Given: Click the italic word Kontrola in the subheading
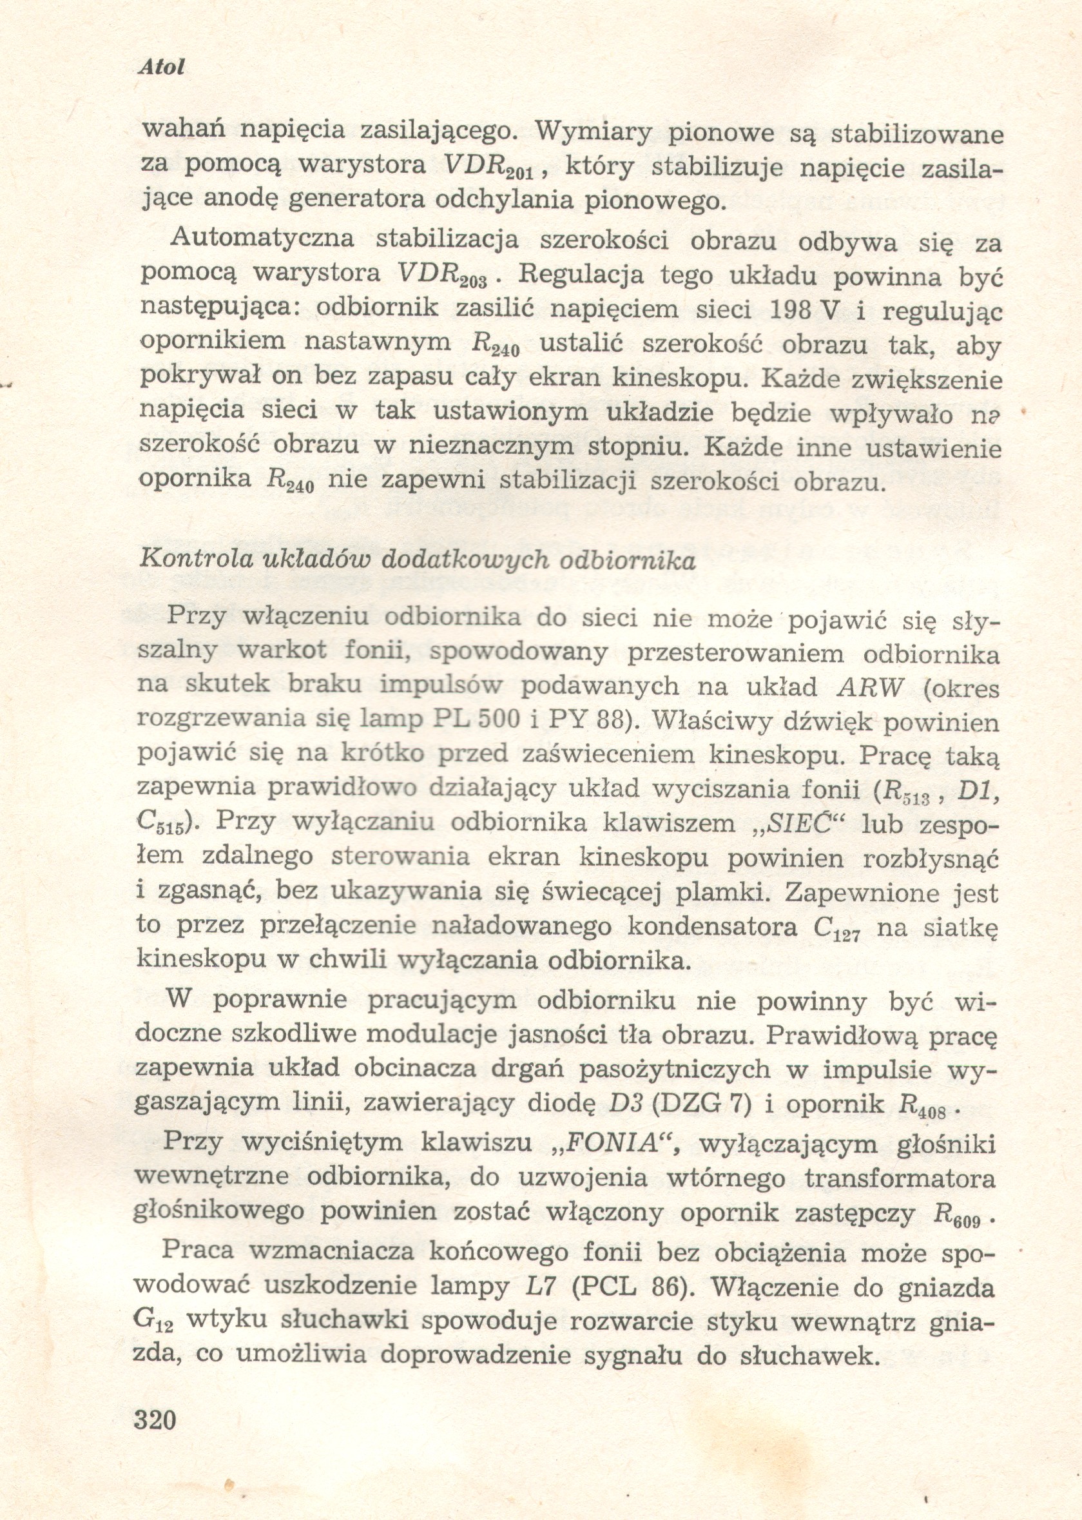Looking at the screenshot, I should (x=191, y=560).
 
